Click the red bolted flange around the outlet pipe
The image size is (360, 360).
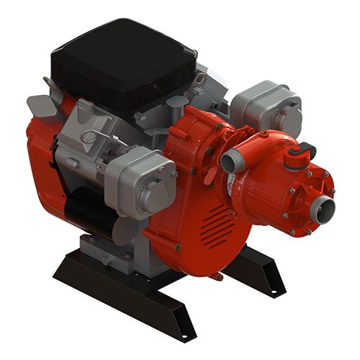pos(302,202)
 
